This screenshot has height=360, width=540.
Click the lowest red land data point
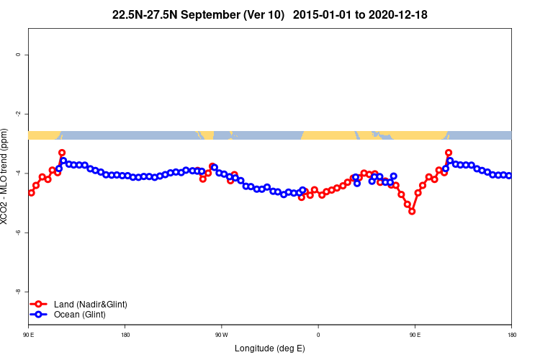tap(412, 211)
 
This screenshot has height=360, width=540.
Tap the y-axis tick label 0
tap(26, 55)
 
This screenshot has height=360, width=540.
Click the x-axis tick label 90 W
tap(221, 335)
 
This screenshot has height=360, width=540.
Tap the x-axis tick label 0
tap(318, 335)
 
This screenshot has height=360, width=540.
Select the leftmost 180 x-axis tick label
tap(125, 335)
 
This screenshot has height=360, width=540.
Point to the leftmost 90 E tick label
tap(29, 335)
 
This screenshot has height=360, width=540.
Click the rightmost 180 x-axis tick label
tap(511, 335)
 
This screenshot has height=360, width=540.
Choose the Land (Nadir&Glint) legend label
tap(90, 305)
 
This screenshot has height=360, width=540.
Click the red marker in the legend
tap(40, 305)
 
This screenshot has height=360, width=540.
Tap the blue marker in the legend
tap(40, 315)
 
